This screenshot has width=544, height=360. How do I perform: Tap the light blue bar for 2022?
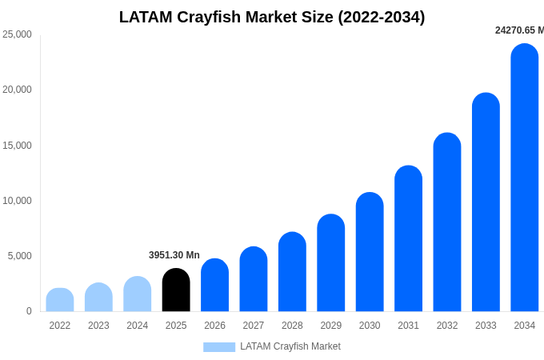click(x=60, y=300)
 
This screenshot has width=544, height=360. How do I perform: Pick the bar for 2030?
click(x=370, y=252)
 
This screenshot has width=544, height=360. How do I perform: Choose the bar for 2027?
click(x=254, y=279)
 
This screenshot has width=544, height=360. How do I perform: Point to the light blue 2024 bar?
click(x=138, y=294)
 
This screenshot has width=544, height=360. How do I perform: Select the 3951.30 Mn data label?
click(x=174, y=255)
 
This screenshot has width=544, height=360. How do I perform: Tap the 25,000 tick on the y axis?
click(x=18, y=34)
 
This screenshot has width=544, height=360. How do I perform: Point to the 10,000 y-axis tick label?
click(x=18, y=201)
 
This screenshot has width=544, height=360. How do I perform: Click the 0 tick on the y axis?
click(x=29, y=311)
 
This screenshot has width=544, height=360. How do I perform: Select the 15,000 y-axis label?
click(x=18, y=146)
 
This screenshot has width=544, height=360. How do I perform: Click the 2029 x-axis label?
click(x=331, y=326)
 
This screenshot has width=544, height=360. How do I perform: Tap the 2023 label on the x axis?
click(x=98, y=326)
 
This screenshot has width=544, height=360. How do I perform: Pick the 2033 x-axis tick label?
click(x=486, y=326)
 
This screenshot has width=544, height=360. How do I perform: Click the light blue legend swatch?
click(x=219, y=347)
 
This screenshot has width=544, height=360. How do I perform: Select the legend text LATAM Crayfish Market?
click(x=290, y=346)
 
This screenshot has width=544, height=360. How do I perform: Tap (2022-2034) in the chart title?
click(x=382, y=17)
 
